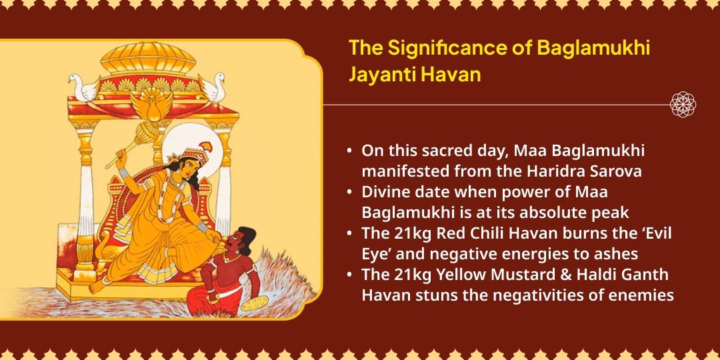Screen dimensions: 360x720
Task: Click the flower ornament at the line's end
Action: click(683, 105)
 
